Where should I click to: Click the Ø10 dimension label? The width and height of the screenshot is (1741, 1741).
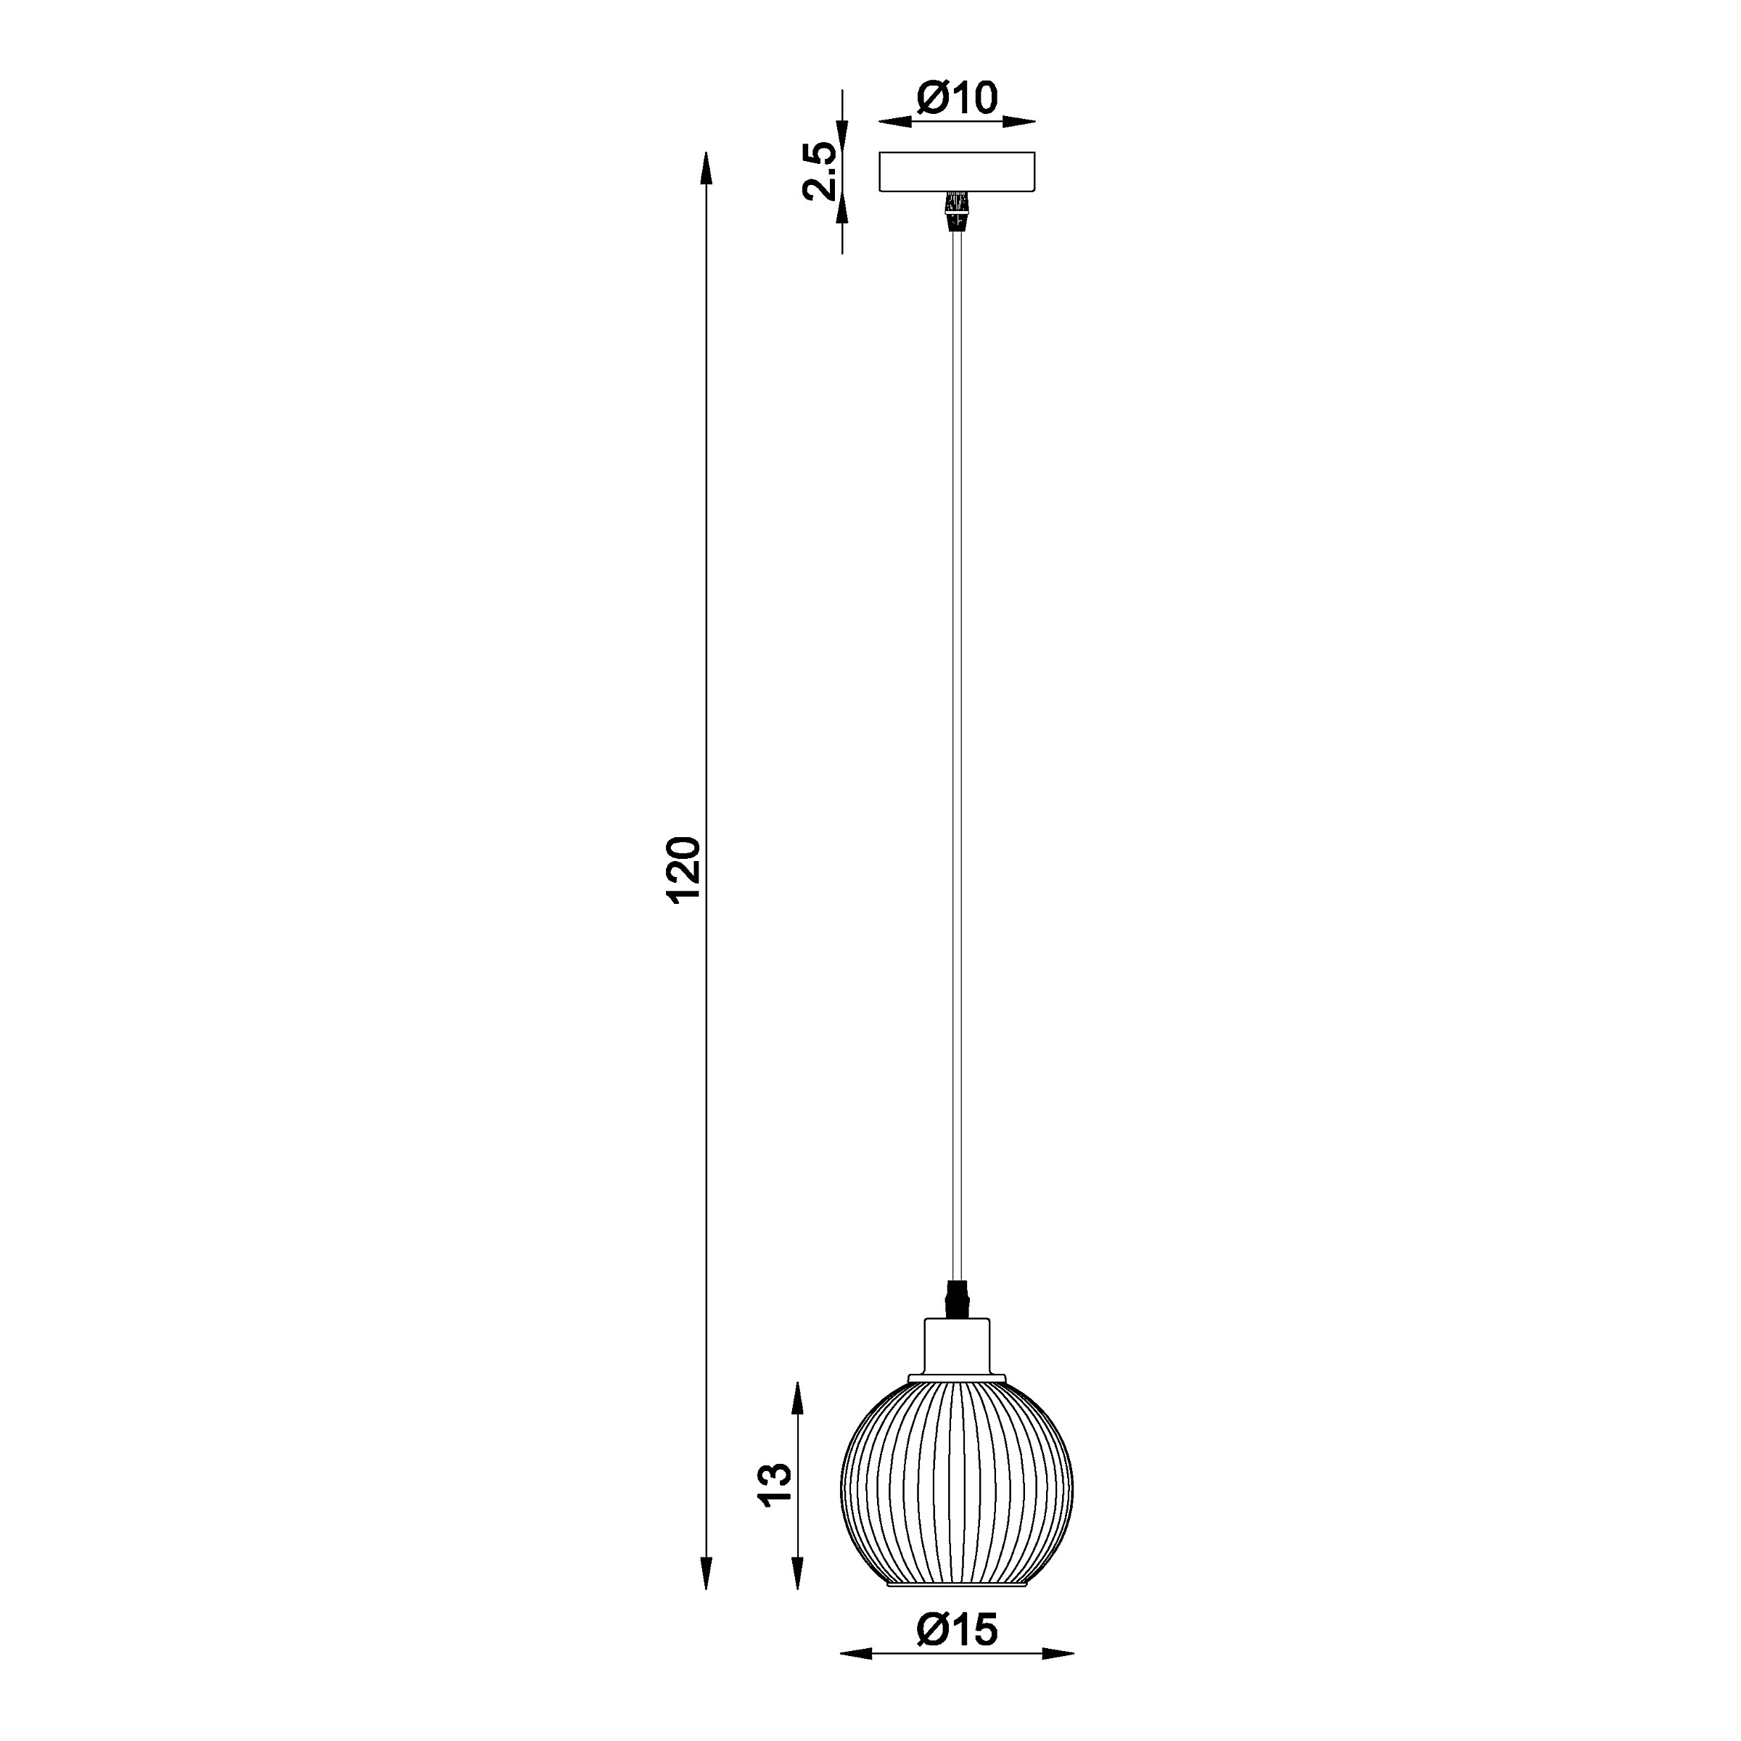click(957, 98)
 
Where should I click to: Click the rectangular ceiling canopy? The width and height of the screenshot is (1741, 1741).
click(957, 172)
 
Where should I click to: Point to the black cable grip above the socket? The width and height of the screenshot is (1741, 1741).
click(957, 1298)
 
